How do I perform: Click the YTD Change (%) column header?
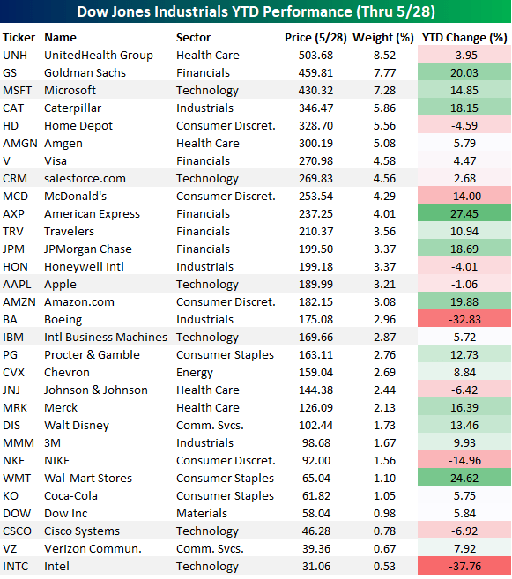464,38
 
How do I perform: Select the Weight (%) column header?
382,38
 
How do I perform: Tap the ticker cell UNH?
16,56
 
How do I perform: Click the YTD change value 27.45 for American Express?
464,214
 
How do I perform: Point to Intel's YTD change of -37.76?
464,567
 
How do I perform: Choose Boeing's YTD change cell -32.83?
464,320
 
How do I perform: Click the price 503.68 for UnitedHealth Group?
308,56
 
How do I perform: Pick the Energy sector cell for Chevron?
195,373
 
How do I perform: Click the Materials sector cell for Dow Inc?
202,514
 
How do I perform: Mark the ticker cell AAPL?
18,285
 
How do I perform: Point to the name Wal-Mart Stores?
88,479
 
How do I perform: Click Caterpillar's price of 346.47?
308,108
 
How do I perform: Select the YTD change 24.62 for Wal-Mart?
464,479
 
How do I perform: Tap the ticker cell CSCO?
18,531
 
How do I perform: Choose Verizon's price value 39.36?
311,549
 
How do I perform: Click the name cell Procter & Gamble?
92,355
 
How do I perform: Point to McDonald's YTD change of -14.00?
464,197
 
